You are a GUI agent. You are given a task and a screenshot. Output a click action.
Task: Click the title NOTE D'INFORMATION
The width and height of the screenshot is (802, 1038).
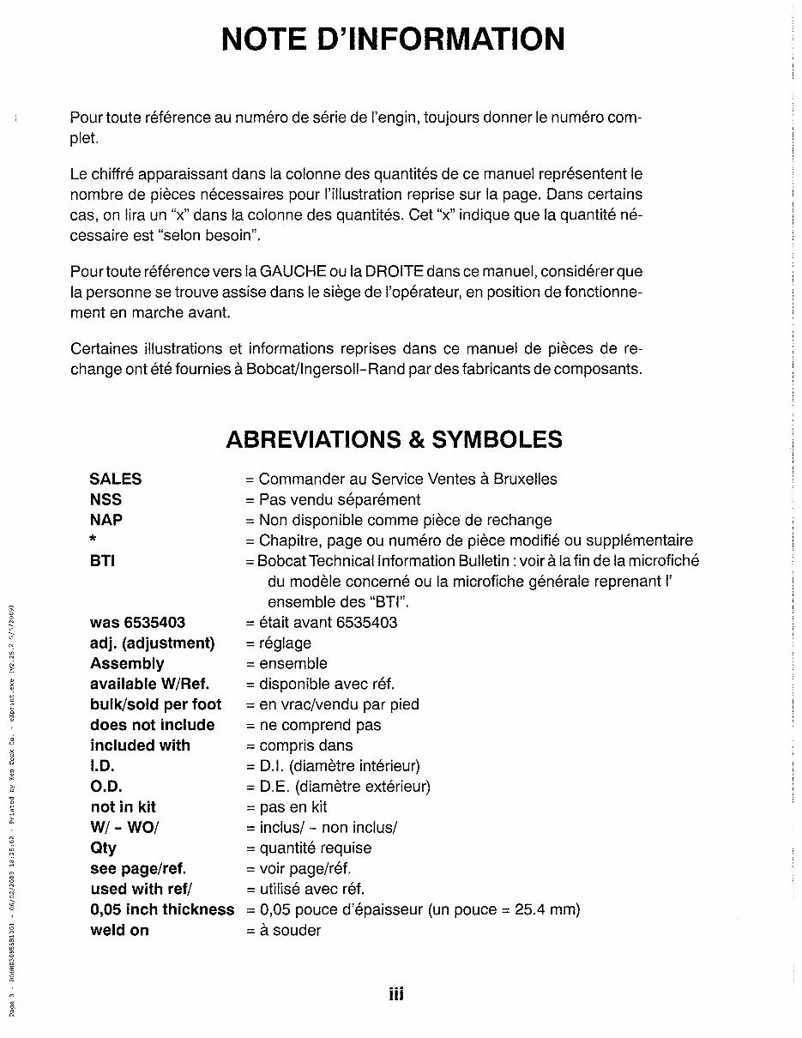(x=394, y=39)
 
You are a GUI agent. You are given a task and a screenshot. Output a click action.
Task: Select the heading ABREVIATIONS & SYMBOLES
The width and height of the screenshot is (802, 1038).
(x=394, y=439)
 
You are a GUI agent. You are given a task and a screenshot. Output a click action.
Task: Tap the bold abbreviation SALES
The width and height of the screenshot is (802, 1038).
(x=116, y=479)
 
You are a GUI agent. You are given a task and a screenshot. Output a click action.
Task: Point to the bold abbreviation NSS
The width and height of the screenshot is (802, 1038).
(x=106, y=499)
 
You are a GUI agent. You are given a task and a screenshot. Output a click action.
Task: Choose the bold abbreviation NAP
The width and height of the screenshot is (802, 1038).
(x=106, y=520)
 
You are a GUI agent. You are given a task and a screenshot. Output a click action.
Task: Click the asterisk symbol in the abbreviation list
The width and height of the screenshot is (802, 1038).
(x=93, y=540)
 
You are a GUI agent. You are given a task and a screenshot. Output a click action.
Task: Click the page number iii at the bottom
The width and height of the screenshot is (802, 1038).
(x=395, y=994)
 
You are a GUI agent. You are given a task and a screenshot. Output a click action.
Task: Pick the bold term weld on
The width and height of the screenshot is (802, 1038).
(x=119, y=930)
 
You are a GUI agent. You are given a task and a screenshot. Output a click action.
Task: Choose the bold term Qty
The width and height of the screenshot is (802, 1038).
(x=103, y=848)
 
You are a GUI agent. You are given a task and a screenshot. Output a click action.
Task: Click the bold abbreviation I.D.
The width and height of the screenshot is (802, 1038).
(x=102, y=766)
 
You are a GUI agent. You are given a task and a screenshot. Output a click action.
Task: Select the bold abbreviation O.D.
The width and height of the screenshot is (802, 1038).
(x=106, y=787)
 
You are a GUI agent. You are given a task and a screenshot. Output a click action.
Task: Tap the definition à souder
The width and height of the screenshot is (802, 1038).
(x=289, y=930)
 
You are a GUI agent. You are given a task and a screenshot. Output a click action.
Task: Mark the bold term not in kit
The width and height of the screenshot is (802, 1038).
(x=124, y=807)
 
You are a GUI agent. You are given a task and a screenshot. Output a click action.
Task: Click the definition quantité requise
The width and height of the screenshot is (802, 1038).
(x=316, y=848)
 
